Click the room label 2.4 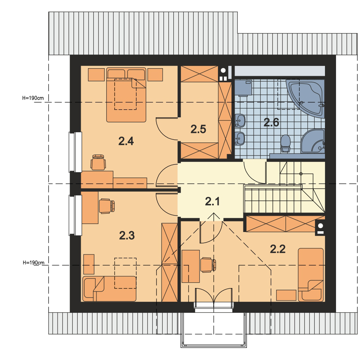click(126, 141)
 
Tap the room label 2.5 click(198, 129)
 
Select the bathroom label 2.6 click(271, 122)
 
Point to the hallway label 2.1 click(212, 202)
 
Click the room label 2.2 click(278, 249)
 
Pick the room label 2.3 click(127, 235)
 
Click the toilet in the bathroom click(286, 144)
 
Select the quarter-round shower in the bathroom click(313, 141)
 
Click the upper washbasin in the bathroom click(240, 120)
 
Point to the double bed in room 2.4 click(126, 94)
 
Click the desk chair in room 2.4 click(98, 162)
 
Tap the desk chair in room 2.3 click(107, 206)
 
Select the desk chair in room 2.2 click(208, 265)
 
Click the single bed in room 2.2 click(310, 275)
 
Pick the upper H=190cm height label click(33, 98)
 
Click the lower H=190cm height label click(34, 262)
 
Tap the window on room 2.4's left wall click(75, 152)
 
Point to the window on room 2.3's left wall click(75, 215)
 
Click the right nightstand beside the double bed click(155, 74)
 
